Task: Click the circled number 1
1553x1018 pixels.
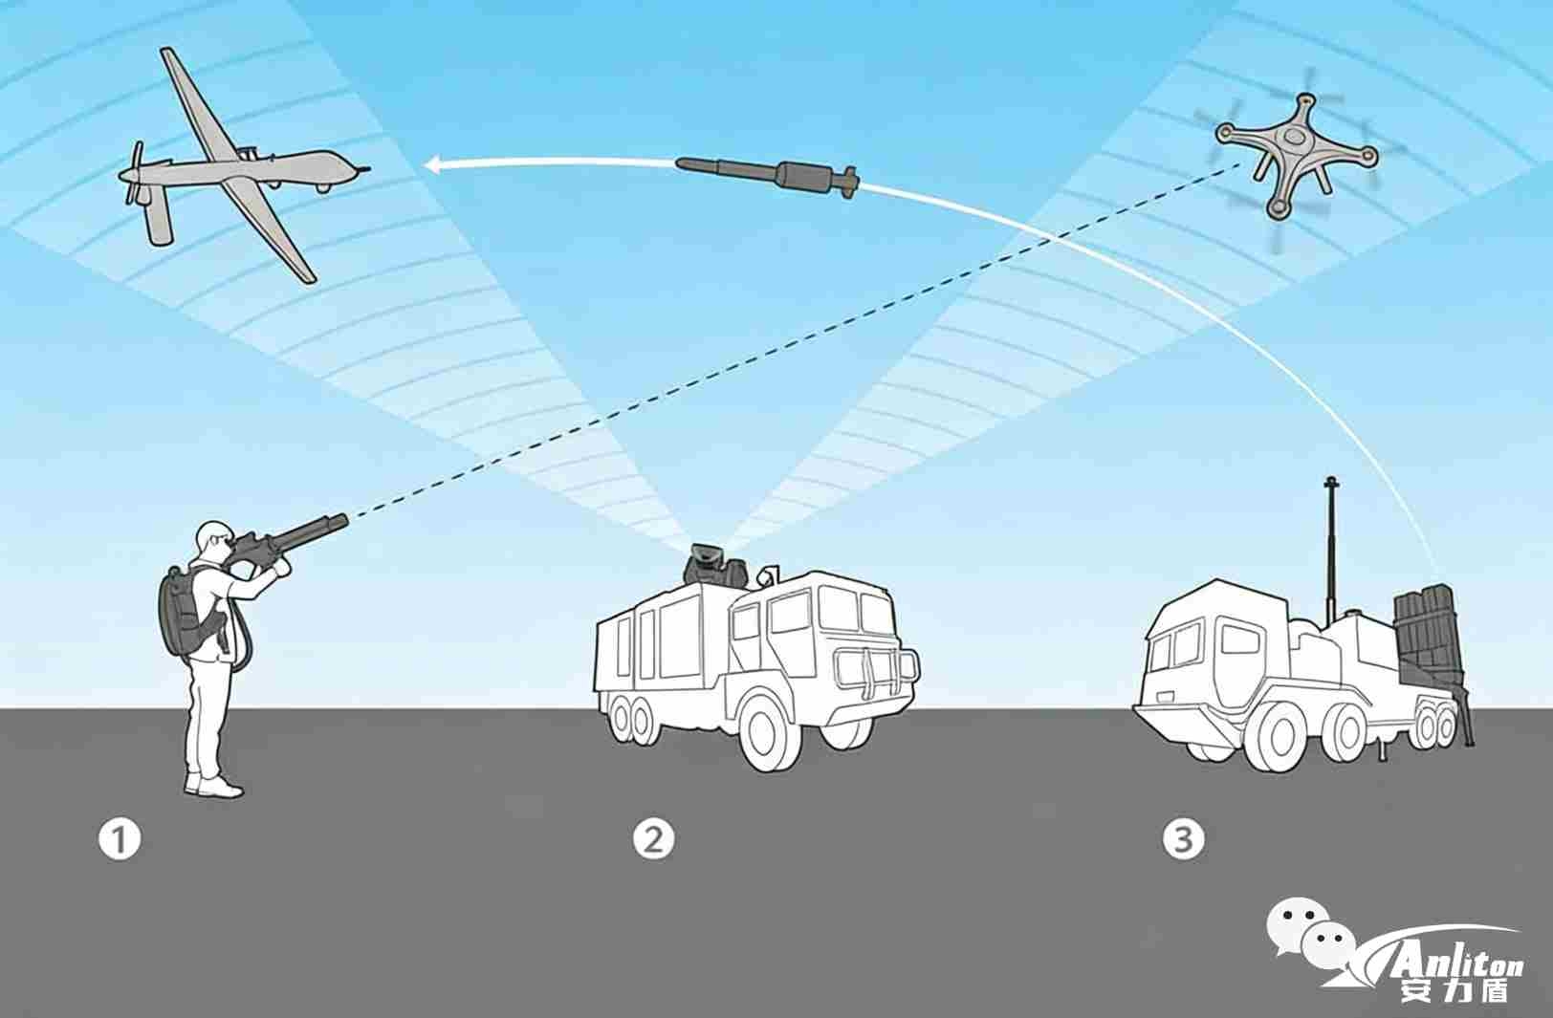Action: pyautogui.click(x=120, y=839)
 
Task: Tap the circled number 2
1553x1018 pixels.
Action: pyautogui.click(x=653, y=838)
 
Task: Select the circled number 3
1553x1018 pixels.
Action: pyautogui.click(x=1183, y=838)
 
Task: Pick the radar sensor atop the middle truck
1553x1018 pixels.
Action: pyautogui.click(x=709, y=563)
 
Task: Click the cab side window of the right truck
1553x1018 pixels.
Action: pyautogui.click(x=1240, y=639)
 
